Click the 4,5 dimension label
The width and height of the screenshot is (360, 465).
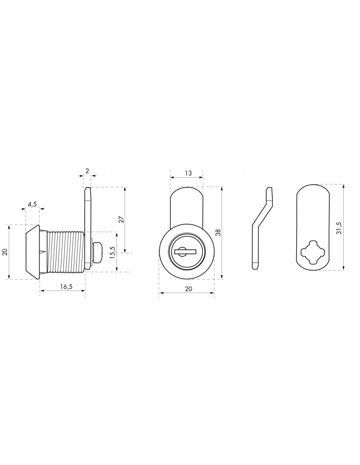[32, 204]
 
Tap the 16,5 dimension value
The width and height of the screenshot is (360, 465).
[66, 286]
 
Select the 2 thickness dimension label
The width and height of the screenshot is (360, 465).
[87, 171]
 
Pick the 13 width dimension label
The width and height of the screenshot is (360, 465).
[188, 173]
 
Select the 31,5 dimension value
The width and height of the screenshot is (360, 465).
[339, 228]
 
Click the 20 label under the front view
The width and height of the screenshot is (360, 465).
[189, 289]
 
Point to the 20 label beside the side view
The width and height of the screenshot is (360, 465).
[5, 252]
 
